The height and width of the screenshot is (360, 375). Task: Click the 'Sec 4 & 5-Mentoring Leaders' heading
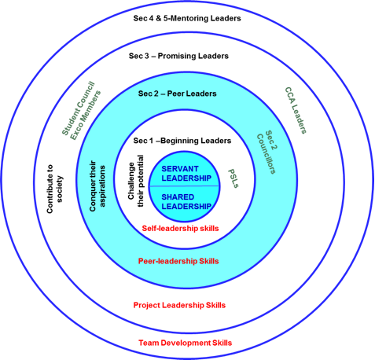coord(187,18)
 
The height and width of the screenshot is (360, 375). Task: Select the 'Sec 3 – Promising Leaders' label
coord(178,56)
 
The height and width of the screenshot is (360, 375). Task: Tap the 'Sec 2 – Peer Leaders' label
coord(178,94)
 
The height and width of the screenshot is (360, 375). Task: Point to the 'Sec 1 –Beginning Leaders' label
coord(182,141)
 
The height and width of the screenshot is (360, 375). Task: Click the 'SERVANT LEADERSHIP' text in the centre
coord(186,174)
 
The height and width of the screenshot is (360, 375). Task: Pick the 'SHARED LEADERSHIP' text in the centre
coord(186,202)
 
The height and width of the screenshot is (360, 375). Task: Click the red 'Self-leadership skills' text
coord(180,229)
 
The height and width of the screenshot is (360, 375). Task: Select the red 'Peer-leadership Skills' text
coord(178,261)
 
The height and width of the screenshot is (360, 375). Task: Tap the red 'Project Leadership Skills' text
coord(179,305)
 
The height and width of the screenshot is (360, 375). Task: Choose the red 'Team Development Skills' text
coord(186,343)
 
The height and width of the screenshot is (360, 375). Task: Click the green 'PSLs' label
coord(233,178)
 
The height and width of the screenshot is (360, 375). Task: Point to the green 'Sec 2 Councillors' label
coord(267,152)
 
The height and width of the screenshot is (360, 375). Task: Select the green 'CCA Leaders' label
coord(296,111)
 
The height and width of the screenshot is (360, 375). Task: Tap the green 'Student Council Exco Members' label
coord(81,111)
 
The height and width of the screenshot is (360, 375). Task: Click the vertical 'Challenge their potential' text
coord(136,181)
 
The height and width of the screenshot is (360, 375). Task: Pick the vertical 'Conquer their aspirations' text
coord(97,186)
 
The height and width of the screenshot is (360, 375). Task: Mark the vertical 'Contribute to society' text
coord(54,189)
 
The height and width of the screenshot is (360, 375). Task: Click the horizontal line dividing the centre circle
coord(184,186)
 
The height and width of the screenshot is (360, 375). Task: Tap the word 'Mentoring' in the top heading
coord(189,18)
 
